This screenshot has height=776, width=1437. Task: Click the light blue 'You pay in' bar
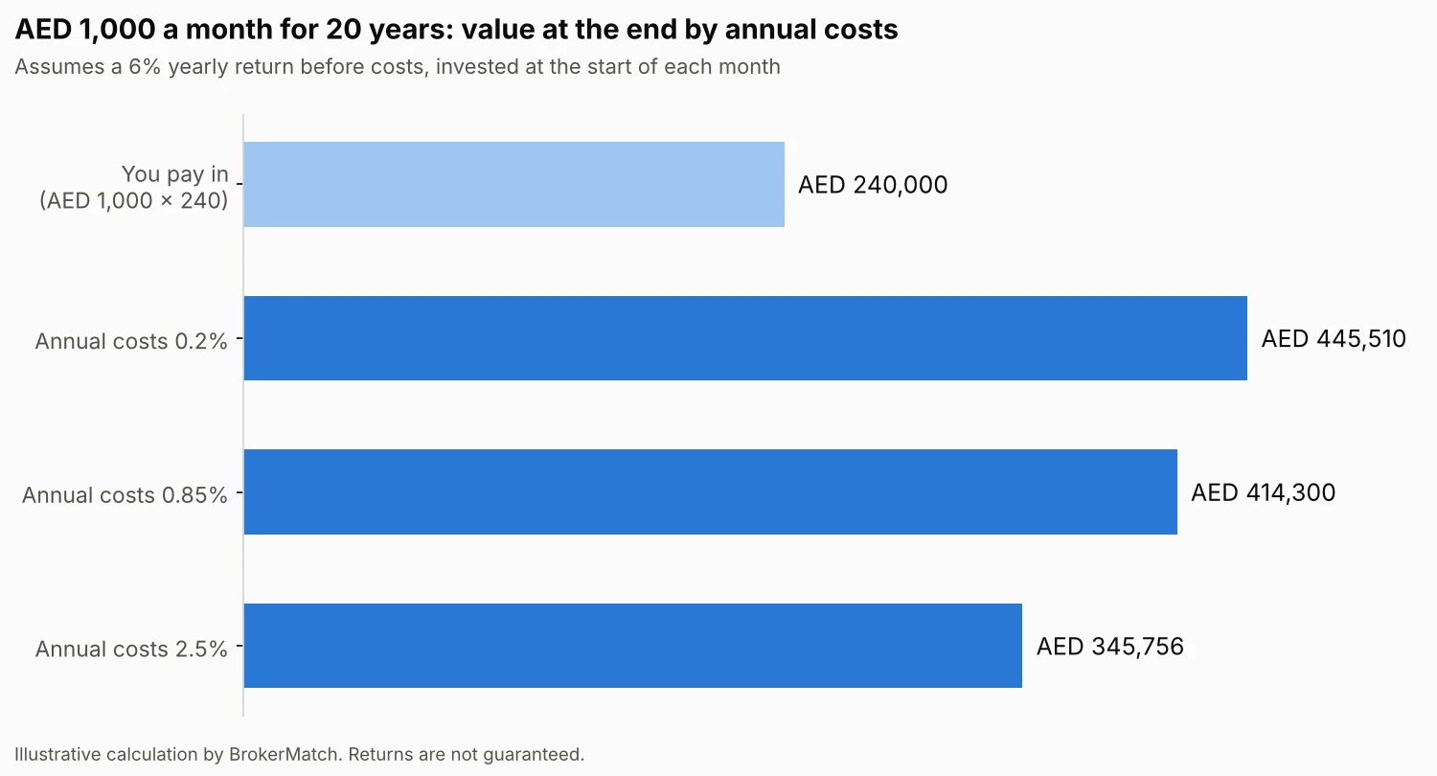(x=513, y=184)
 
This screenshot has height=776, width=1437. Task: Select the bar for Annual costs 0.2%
(x=745, y=338)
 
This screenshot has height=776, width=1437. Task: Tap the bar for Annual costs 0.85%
(x=710, y=491)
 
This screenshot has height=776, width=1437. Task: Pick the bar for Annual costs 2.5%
(x=632, y=646)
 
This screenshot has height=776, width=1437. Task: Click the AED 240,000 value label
(x=873, y=185)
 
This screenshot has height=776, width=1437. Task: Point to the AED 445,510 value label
(x=1334, y=338)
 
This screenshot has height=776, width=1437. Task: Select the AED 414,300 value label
(x=1264, y=492)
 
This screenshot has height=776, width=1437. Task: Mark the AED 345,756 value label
(x=1109, y=647)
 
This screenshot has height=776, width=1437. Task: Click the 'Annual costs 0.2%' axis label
(x=131, y=341)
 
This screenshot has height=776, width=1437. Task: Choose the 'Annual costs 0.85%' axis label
(x=125, y=495)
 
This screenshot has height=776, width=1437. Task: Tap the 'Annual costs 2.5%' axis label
(x=131, y=649)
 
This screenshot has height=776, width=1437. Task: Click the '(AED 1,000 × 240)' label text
(x=133, y=201)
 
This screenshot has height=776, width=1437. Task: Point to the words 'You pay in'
(x=174, y=174)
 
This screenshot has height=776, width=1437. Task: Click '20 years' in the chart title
(x=387, y=30)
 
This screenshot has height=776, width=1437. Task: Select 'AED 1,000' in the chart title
(x=85, y=30)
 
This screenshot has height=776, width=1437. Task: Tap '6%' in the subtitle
(x=145, y=67)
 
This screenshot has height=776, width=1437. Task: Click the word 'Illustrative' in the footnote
(x=57, y=754)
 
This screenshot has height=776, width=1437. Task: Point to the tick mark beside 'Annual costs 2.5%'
(x=239, y=646)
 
